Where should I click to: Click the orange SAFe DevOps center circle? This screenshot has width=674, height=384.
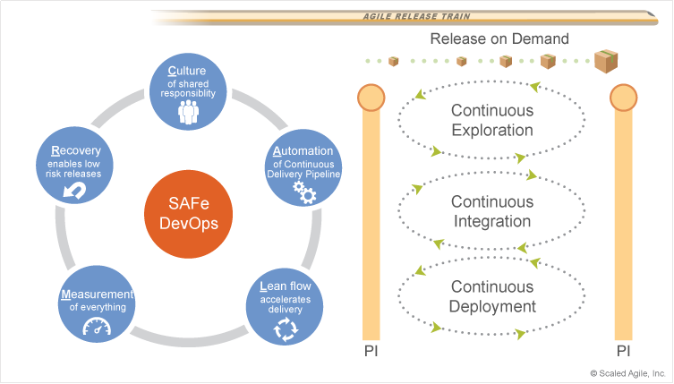188,214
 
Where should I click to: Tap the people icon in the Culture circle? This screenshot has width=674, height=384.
188,112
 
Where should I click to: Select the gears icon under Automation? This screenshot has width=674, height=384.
304,192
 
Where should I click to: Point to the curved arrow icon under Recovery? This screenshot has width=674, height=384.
74,191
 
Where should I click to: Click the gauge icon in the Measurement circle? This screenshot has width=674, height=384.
97,327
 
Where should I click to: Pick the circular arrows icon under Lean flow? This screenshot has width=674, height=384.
286,329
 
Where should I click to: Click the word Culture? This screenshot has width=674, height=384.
187,71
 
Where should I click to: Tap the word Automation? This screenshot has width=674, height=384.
303,151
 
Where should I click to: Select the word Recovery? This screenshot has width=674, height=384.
76,151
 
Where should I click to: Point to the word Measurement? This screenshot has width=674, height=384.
98,294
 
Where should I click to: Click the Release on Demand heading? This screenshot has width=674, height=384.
499,38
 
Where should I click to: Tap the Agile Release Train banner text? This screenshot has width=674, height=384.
416,16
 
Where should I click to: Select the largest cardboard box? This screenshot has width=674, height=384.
606,61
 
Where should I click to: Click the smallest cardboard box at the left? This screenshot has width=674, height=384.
393,62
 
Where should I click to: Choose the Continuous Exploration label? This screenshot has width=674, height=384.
492,120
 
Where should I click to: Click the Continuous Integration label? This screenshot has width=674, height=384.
492,211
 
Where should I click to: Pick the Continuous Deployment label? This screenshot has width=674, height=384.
492,296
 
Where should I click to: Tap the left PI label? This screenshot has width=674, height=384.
371,351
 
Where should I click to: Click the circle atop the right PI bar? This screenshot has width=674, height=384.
623,98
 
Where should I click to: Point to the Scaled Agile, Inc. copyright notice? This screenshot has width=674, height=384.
627,373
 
